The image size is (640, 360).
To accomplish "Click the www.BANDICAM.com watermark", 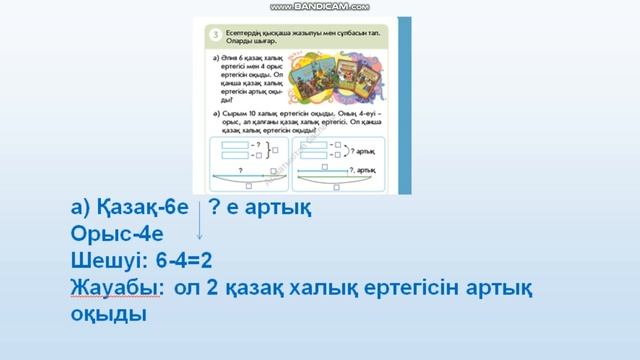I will [319, 7].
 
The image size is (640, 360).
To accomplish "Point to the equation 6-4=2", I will [185, 260].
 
